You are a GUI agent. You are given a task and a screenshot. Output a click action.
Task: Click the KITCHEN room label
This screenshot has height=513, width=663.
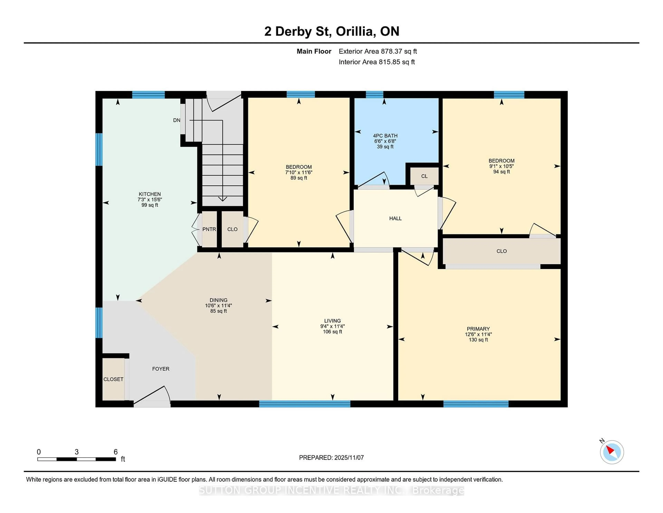pos(150,194)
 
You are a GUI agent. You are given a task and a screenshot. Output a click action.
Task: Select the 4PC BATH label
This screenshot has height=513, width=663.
pos(385,136)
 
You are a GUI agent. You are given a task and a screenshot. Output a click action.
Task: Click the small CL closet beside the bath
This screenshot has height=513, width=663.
pos(424,176)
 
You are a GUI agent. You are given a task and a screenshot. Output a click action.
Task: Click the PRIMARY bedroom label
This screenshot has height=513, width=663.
pos(478,329)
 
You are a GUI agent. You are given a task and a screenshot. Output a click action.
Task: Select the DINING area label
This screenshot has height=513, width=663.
pos(218,300)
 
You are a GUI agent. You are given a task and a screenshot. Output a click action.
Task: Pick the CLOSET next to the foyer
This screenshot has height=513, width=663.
pos(113,379)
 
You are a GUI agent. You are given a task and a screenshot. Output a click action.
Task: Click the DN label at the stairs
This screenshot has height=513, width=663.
pos(177,120)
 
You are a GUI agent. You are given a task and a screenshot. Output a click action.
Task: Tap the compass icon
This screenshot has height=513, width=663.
pos(612,452)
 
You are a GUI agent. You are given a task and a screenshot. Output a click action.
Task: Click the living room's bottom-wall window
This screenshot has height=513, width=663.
pos(305,404)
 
